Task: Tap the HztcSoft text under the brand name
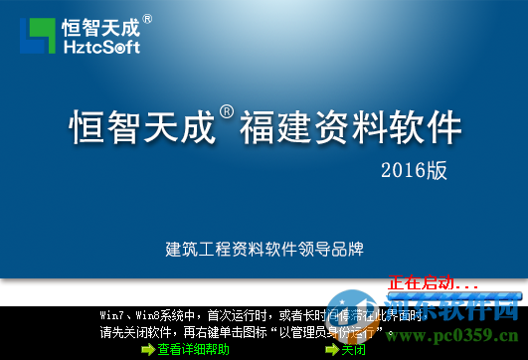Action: point(100,46)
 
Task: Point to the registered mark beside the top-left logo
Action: point(147,18)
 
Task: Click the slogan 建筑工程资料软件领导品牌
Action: point(265,249)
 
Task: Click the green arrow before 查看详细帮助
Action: point(148,350)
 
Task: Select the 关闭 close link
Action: point(354,350)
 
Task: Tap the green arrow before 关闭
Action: point(332,350)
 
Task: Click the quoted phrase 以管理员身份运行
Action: point(329,333)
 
